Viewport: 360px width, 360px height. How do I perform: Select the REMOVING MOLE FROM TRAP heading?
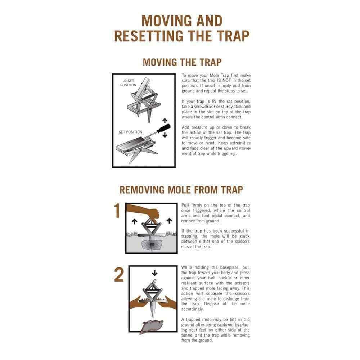click(x=181, y=190)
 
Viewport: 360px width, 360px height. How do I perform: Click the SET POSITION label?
click(x=130, y=132)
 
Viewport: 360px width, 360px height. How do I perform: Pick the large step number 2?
click(x=119, y=275)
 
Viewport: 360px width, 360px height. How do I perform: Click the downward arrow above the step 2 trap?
click(x=154, y=273)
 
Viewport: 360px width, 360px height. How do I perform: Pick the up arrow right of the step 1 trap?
click(x=169, y=221)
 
